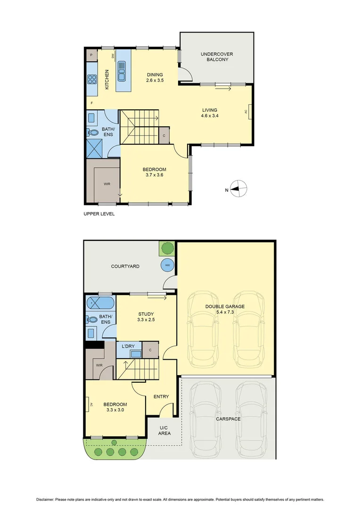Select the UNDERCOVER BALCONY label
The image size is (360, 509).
(217, 57)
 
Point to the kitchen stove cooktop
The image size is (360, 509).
(92, 79)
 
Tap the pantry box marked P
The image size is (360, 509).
(91, 56)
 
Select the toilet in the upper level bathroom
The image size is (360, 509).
(92, 132)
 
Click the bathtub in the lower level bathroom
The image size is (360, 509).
(100, 302)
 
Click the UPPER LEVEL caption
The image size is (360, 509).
(99, 213)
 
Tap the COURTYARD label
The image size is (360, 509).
(125, 266)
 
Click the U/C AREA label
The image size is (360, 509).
(164, 430)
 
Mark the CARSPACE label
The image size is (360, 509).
(229, 419)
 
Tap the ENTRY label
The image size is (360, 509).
(161, 396)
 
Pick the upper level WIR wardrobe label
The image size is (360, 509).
(107, 184)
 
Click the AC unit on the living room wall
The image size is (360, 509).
(249, 112)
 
